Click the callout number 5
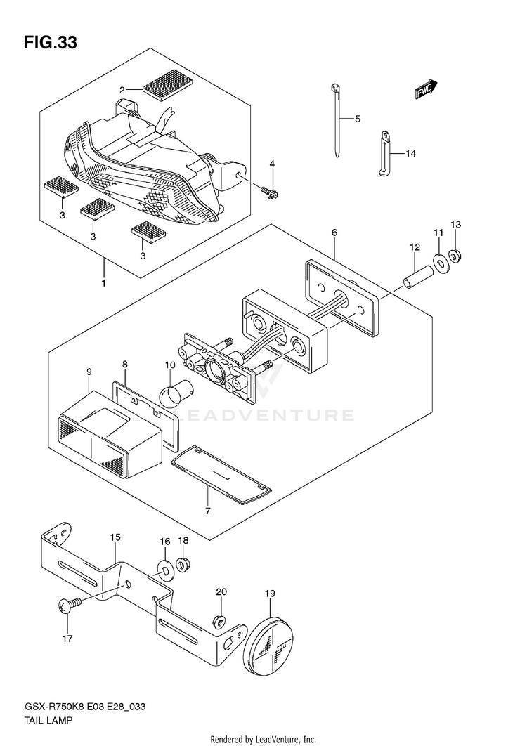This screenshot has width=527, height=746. click(356, 119)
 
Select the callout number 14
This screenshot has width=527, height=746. click(411, 154)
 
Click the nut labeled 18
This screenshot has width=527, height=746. click(184, 564)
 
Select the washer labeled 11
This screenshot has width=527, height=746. click(441, 262)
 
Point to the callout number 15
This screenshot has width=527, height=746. click(115, 537)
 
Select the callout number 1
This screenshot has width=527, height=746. click(103, 283)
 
